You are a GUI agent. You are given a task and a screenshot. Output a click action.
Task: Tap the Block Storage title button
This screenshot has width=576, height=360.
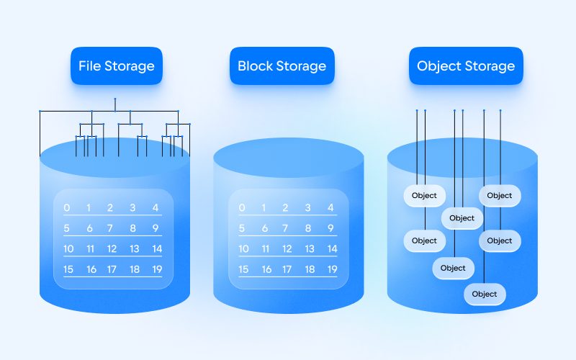(x=282, y=66)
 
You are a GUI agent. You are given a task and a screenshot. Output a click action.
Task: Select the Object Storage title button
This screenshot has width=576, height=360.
(x=466, y=66)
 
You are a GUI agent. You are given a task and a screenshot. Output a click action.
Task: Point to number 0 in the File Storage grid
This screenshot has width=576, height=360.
(x=67, y=208)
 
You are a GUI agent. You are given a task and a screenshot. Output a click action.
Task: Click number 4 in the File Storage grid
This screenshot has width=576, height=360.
(x=156, y=208)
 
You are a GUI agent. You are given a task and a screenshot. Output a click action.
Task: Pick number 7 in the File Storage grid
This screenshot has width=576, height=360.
(x=111, y=229)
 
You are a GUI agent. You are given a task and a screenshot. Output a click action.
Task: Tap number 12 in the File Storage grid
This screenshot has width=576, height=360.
(x=112, y=249)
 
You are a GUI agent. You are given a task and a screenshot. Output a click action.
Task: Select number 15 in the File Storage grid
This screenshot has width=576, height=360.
(x=68, y=269)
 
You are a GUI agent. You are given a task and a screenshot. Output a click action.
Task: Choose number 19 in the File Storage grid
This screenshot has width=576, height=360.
(x=156, y=269)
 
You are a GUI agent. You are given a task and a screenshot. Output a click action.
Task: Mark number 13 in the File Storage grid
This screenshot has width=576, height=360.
(x=134, y=249)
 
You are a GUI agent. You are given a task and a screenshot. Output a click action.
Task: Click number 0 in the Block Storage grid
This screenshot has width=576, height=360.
(x=242, y=208)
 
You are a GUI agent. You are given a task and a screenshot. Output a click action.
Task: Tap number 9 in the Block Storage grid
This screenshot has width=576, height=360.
(x=330, y=229)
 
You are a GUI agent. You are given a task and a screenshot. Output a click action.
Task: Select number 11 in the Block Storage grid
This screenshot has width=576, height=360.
(x=266, y=249)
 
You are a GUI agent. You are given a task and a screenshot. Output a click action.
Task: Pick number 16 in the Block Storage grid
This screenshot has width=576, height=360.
(x=266, y=269)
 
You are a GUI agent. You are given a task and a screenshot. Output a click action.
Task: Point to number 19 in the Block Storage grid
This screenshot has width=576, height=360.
(x=331, y=269)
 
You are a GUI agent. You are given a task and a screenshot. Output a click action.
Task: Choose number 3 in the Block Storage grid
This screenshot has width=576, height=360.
(x=307, y=208)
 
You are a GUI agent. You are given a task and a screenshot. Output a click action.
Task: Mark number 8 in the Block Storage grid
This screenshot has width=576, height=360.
(x=308, y=229)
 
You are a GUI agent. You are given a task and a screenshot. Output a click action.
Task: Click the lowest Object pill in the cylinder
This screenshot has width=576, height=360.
(x=485, y=294)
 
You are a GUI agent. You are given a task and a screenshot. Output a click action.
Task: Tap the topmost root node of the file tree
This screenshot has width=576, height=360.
(x=115, y=99)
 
